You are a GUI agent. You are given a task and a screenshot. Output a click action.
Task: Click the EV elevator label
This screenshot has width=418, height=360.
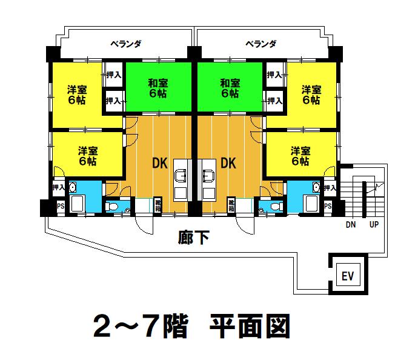pyautogui.click(x=348, y=276)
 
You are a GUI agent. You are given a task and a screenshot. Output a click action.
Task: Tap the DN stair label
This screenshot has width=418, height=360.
pyautogui.click(x=351, y=225)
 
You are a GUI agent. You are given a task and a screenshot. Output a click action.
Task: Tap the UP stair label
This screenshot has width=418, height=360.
pyautogui.click(x=374, y=224)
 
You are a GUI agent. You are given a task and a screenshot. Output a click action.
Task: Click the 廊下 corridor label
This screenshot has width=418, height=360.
pyautogui.click(x=193, y=238)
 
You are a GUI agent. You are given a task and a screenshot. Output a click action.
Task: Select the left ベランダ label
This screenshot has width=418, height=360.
pyautogui.click(x=126, y=44)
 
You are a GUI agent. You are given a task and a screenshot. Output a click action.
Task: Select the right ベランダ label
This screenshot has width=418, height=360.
pyautogui.click(x=260, y=44)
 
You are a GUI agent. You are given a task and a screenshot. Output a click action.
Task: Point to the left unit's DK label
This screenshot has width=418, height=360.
pyautogui.click(x=160, y=163)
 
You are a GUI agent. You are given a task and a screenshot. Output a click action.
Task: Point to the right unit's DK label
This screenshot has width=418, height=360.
pyautogui.click(x=228, y=163)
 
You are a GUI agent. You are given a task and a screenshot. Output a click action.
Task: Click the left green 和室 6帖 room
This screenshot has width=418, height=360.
pyautogui.click(x=158, y=87)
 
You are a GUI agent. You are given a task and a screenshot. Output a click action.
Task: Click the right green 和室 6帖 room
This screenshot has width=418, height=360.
pyautogui.click(x=230, y=87)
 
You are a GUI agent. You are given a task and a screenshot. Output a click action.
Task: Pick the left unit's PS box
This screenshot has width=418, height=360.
pyautogui.click(x=61, y=206)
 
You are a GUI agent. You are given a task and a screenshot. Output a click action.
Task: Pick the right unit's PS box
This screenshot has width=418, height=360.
pyautogui.click(x=328, y=206)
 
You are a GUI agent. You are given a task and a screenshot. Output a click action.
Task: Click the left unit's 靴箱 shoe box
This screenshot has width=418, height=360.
pyautogui.click(x=158, y=205)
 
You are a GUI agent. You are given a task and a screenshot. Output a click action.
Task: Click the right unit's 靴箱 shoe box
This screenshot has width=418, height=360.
pyautogui.click(x=231, y=205)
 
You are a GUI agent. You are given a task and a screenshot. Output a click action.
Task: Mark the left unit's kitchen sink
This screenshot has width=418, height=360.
pyautogui.click(x=181, y=176)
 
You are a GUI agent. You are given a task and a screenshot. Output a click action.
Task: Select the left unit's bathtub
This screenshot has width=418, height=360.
pyautogui.click(x=77, y=204)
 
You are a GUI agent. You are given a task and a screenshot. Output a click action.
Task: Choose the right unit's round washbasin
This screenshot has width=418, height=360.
pyautogui.click(x=316, y=187)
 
